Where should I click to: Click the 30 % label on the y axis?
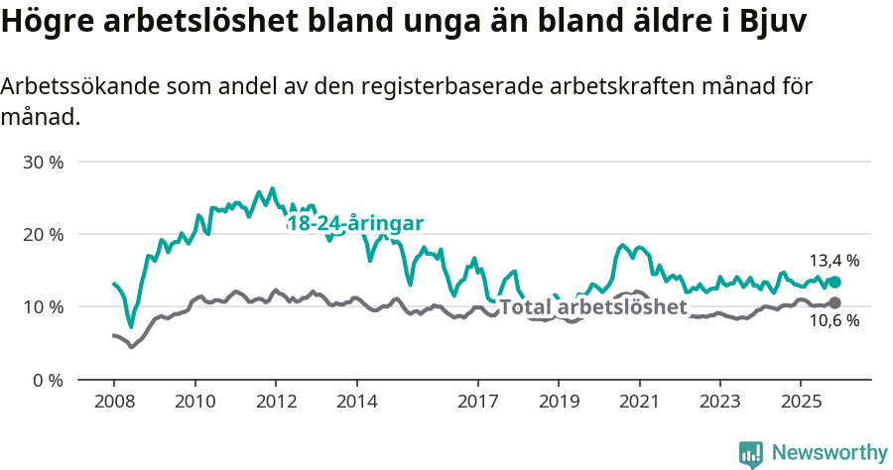42,162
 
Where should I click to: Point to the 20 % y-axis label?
42,234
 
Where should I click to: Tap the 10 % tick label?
42,307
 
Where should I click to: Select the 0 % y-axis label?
47,380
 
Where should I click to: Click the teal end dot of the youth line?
834,282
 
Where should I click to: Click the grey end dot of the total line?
834,302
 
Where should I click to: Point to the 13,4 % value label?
834,261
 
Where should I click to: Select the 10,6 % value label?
834,321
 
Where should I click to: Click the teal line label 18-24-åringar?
354,224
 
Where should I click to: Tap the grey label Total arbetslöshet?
592,307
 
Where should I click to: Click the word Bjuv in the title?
772,22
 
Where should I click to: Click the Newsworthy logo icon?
751,454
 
